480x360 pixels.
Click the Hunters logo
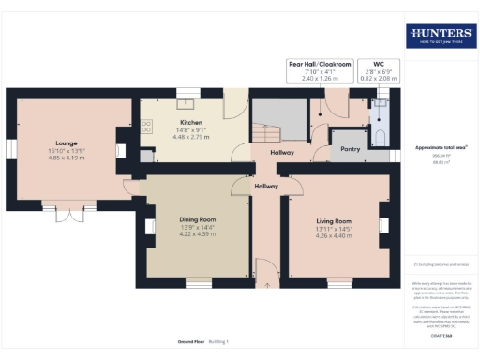tap(440, 37)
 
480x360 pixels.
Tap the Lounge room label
tap(66, 144)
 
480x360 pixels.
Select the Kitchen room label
tap(191, 122)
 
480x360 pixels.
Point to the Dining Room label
tap(197, 220)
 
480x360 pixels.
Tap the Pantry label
tap(351, 148)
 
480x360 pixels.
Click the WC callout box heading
tap(380, 65)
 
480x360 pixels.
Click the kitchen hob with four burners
tap(146, 127)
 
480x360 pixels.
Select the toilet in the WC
tap(378, 139)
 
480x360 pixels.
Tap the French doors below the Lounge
tap(65, 215)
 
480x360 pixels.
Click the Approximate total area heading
tap(441, 148)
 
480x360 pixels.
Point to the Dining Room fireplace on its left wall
tap(150, 226)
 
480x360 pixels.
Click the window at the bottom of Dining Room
tap(198, 281)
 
